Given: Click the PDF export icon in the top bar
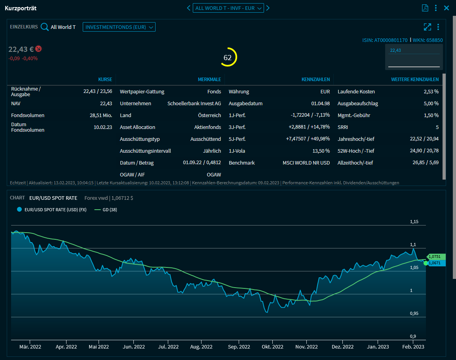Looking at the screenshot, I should coord(425,8).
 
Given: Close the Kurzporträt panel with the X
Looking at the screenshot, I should coord(446,8).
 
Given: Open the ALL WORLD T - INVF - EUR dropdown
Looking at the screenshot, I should coord(228,8).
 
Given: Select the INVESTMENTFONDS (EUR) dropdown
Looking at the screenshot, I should coord(119,27).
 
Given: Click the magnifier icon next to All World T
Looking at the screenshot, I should coord(45,27).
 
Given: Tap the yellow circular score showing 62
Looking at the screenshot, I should coord(228,57).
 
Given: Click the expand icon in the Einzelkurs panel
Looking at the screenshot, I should coord(427,27).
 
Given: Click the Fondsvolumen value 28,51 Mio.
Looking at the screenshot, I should coord(101,116).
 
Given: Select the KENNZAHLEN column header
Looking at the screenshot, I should coord(315,80).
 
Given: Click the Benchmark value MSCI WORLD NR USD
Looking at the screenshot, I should coord(306,163).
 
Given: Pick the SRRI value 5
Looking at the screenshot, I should coord(437,127).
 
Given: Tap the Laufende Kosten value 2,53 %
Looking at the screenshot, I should coord(431,92).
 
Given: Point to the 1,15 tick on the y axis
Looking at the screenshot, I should coord(414,222).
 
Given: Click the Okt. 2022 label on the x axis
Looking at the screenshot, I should coord(272,347).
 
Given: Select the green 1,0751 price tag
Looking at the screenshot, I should coord(437,257).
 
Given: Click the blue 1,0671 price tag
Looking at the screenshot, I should coord(437,263).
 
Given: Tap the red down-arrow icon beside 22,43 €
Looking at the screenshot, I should coord(38,49).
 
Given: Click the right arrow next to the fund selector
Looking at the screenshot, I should coord(268,8).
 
